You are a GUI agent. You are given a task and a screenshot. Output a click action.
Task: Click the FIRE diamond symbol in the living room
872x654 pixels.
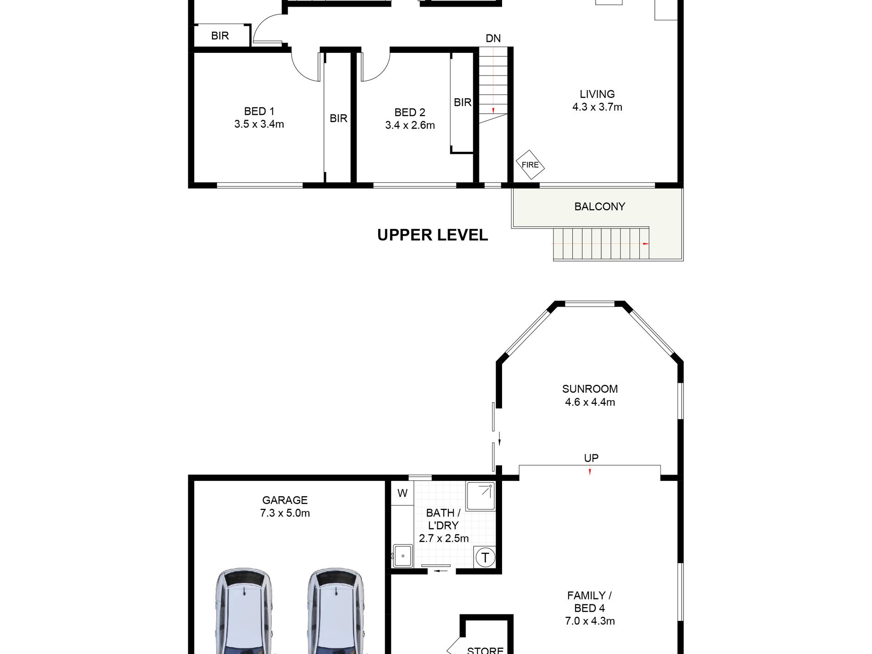pyautogui.click(x=530, y=165)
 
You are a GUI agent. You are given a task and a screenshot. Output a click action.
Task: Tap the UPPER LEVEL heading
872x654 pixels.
pyautogui.click(x=432, y=235)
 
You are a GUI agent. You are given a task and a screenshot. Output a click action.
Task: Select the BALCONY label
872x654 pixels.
pyautogui.click(x=600, y=207)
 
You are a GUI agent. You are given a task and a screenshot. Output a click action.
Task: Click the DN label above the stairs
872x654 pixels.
pyautogui.click(x=493, y=39)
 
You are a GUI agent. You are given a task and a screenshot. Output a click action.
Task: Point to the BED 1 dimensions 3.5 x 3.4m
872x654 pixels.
pyautogui.click(x=259, y=124)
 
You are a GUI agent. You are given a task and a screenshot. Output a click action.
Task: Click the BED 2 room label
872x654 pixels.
pyautogui.click(x=410, y=112)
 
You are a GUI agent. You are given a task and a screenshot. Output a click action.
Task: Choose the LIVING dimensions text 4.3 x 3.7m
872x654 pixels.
pyautogui.click(x=597, y=107)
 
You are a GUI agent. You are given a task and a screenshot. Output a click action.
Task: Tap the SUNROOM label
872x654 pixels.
pyautogui.click(x=590, y=389)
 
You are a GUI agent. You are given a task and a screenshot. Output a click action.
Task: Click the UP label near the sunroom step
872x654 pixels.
pyautogui.click(x=591, y=458)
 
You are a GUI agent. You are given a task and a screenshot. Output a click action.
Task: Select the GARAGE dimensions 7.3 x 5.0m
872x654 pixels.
pyautogui.click(x=285, y=513)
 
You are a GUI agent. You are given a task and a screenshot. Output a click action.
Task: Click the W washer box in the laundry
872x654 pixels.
pyautogui.click(x=402, y=493)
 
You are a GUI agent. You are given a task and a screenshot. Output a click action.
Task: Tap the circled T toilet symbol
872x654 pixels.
pyautogui.click(x=485, y=558)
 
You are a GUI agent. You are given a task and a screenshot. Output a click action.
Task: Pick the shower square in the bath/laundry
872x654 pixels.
pyautogui.click(x=481, y=496)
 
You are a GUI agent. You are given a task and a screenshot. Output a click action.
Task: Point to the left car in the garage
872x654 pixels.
pyautogui.click(x=244, y=611)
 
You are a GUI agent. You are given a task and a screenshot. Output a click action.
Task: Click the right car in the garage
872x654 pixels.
pyautogui.click(x=335, y=611)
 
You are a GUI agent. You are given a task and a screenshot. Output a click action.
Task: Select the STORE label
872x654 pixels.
pyautogui.click(x=485, y=650)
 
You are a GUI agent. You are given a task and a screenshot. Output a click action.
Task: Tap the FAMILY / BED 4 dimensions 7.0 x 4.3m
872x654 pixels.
pyautogui.click(x=590, y=621)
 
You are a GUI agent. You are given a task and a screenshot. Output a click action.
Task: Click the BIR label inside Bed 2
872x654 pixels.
pyautogui.click(x=463, y=102)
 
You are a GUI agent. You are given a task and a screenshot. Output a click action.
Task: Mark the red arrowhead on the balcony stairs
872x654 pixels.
pyautogui.click(x=646, y=244)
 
